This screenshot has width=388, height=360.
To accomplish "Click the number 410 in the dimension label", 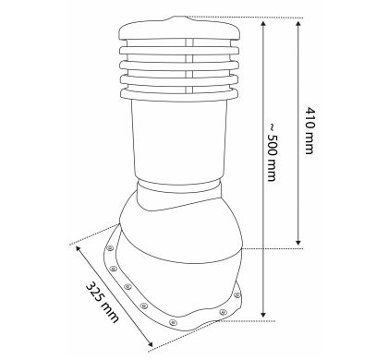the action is point(309,119).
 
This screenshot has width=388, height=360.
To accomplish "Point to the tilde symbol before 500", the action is point(273,126).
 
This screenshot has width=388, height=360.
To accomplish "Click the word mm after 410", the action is point(309,144).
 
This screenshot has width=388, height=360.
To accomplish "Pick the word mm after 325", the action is point(110,311).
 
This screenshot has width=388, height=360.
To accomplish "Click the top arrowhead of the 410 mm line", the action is point(297,24).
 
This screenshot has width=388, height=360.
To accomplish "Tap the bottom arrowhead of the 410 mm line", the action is point(297,242).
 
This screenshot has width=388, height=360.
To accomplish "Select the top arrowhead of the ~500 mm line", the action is point(262,24).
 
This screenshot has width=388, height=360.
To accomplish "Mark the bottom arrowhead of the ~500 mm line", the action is point(262,314).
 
